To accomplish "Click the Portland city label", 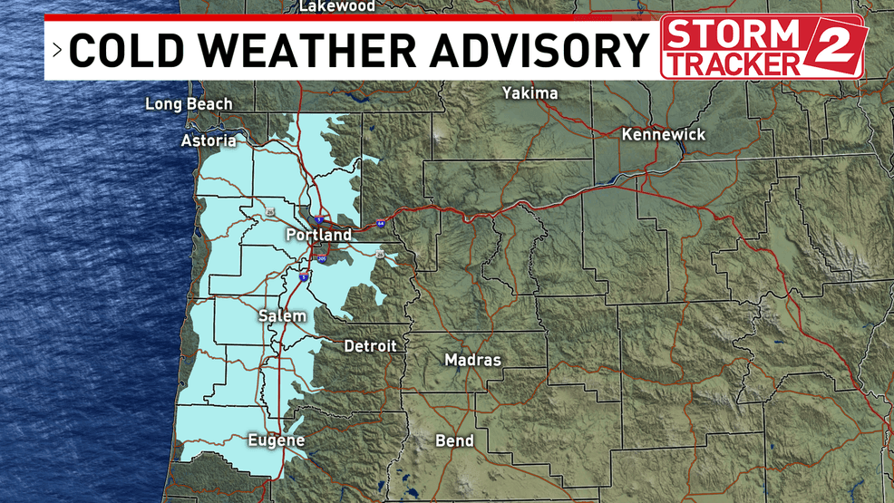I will tap(318, 235).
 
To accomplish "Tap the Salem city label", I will tap(282, 316).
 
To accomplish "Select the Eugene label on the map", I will tap(276, 441).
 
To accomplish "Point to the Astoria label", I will tap(209, 140).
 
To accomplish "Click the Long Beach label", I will tap(189, 104).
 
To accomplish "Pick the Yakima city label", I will tap(530, 92).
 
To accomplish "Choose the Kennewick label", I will tap(664, 134).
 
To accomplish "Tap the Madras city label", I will tap(472, 360).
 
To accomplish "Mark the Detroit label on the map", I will tap(370, 346).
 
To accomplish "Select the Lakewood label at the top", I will tap(336, 6).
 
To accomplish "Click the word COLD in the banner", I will tap(121, 51).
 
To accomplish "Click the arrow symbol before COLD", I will tap(56, 51).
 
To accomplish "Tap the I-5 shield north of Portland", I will tap(319, 219).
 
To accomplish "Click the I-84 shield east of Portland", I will tap(381, 222).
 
